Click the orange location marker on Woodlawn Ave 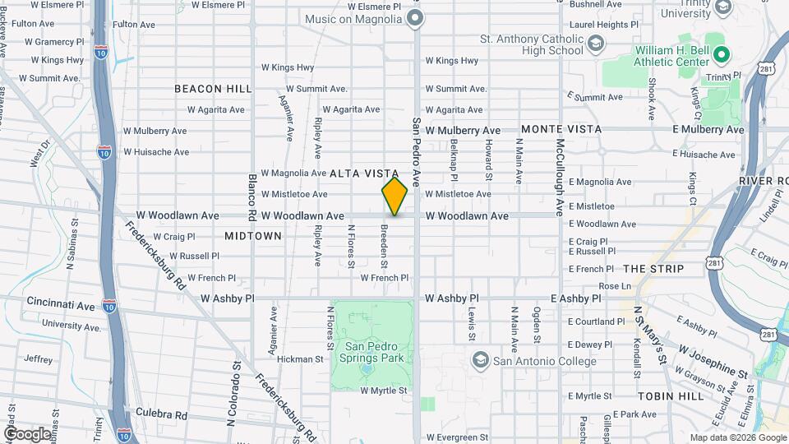[x=394, y=197]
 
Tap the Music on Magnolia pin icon [x=415, y=18]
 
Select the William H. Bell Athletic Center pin [x=722, y=56]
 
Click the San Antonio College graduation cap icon [x=479, y=361]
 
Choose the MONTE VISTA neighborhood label [x=561, y=129]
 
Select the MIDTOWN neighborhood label [x=253, y=236]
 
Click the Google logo [x=27, y=433]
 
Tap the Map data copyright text [x=736, y=437]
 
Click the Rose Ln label [x=615, y=286]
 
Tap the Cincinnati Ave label [x=61, y=305]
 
